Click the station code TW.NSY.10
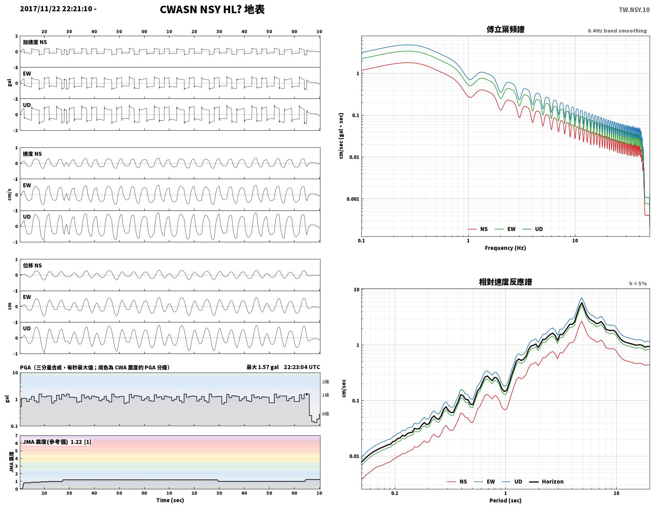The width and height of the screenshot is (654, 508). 634,10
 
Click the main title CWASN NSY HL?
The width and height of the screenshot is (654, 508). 200,10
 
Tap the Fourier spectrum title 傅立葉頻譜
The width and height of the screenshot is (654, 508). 505,29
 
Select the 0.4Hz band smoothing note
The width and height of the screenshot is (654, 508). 617,31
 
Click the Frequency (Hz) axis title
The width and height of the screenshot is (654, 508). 505,248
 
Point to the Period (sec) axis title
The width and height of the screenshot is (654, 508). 505,500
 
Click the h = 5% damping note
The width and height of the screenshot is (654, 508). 638,284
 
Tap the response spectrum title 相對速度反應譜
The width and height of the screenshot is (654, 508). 505,282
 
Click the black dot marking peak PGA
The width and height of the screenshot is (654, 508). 307,394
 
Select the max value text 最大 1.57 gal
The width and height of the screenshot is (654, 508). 262,367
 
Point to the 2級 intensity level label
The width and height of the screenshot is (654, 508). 325,382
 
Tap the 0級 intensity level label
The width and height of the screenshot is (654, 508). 325,414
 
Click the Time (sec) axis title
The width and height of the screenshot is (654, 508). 170,500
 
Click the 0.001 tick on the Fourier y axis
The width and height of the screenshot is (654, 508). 352,199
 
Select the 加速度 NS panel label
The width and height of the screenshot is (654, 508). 35,42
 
